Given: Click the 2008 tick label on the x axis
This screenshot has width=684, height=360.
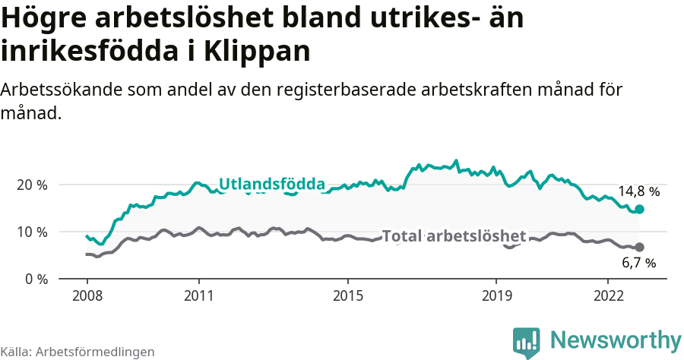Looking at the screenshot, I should click(x=87, y=295).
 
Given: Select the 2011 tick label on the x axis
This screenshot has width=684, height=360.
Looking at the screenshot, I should click(x=198, y=295).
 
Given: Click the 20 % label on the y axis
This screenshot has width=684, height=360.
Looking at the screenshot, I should click(x=32, y=185).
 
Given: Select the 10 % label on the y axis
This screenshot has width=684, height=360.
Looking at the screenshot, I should click(x=32, y=232).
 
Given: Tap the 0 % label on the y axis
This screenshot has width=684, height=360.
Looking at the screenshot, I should click(x=36, y=279).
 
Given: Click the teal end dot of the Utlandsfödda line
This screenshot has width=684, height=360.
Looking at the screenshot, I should click(x=639, y=209).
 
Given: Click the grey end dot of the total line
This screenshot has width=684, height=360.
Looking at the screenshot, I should click(x=639, y=247).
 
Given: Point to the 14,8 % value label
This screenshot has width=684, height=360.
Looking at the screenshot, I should click(x=638, y=191).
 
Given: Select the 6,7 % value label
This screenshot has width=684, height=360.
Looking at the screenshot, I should click(x=638, y=264).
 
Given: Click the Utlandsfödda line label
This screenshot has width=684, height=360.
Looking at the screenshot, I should click(x=272, y=184).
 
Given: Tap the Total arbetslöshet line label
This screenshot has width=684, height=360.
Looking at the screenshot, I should click(x=454, y=236).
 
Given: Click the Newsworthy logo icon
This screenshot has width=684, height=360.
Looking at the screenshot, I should click(x=526, y=342).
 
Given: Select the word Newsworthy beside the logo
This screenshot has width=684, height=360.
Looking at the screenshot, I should click(x=616, y=339).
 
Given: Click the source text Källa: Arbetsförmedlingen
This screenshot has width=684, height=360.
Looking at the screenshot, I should click(x=78, y=352).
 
